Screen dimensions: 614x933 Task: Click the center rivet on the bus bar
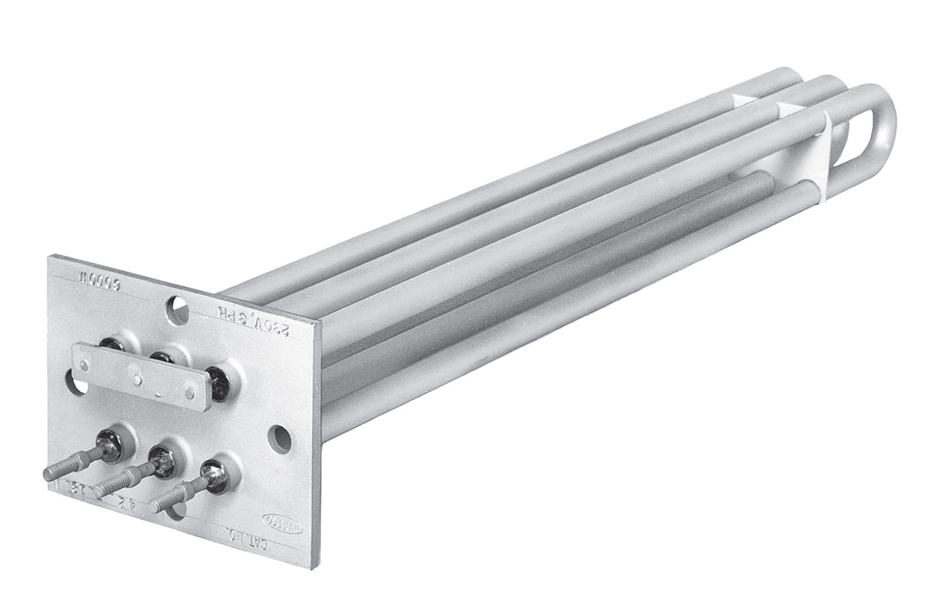pyautogui.click(x=138, y=381)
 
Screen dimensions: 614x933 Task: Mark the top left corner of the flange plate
pyautogui.click(x=51, y=255)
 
